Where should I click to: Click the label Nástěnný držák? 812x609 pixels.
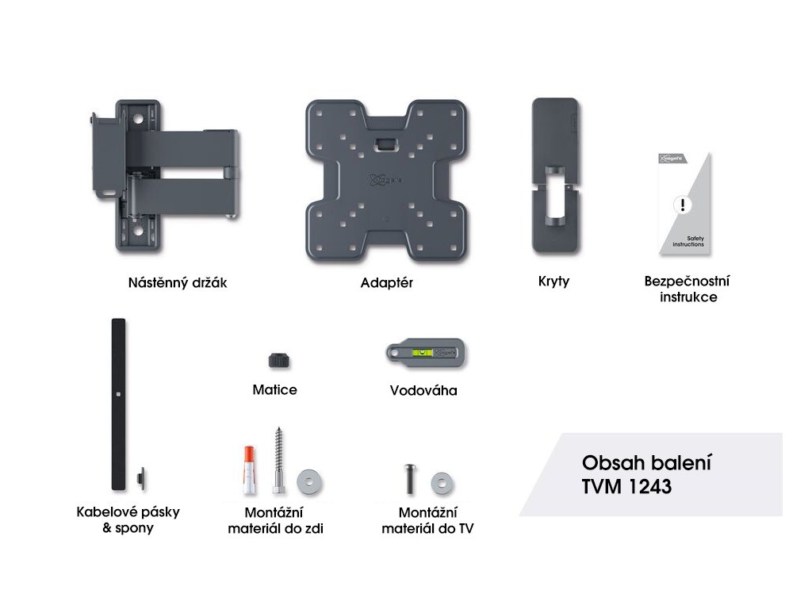click(178, 282)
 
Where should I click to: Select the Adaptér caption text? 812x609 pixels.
click(386, 282)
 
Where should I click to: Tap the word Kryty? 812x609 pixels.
click(553, 282)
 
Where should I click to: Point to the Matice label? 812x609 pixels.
click(274, 389)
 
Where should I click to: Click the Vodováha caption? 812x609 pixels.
click(423, 390)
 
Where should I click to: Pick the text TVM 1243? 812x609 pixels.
click(626, 487)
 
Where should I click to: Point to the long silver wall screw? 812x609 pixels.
click(279, 461)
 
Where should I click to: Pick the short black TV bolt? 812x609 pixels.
click(410, 478)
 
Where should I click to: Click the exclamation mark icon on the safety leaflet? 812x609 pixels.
click(682, 205)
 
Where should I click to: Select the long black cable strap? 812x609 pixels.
click(119, 404)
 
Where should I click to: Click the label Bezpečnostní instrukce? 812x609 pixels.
click(687, 289)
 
